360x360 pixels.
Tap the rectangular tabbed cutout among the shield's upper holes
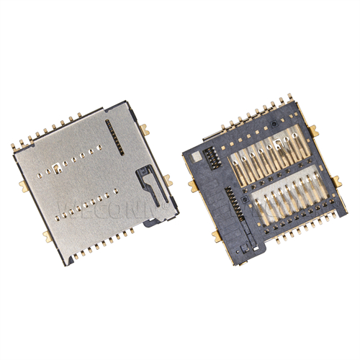coord(55,170)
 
